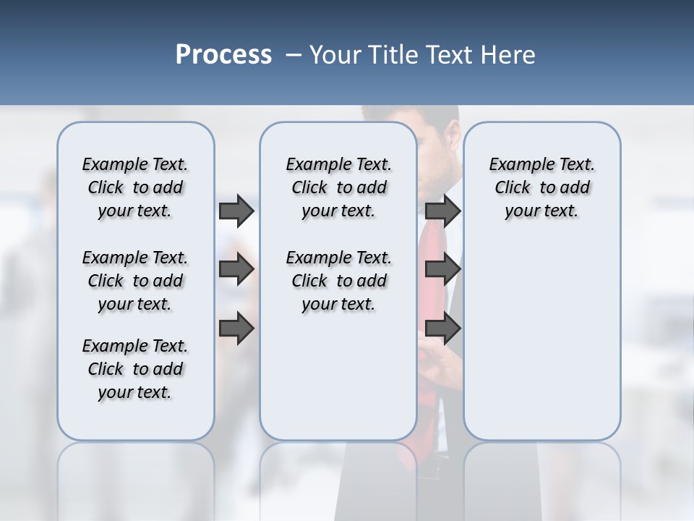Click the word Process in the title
click(223, 55)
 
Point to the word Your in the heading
click(335, 55)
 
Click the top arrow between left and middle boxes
click(236, 211)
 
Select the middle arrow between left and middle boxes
click(236, 270)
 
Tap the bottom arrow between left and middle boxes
click(236, 329)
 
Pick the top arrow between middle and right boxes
click(443, 211)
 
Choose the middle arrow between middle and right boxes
click(443, 270)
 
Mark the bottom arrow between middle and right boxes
click(443, 329)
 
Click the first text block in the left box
click(135, 187)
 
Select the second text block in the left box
click(135, 281)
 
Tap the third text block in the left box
click(135, 369)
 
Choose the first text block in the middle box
click(338, 187)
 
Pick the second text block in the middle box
click(338, 281)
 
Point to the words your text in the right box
click(541, 211)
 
